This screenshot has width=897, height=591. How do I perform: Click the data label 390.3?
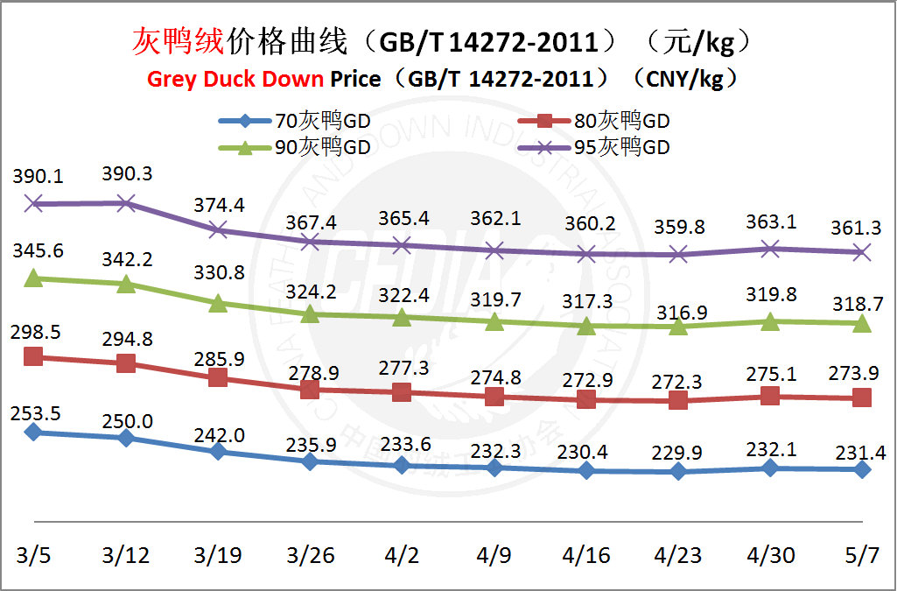point(127,174)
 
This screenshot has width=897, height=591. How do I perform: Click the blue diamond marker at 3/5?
point(34,431)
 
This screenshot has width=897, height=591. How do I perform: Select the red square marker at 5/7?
point(863,398)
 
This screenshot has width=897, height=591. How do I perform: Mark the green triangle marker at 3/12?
point(126,284)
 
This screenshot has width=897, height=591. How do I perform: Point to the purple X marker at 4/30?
point(770,250)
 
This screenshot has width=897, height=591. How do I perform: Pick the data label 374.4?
point(219,206)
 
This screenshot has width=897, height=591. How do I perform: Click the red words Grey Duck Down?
point(235,79)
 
